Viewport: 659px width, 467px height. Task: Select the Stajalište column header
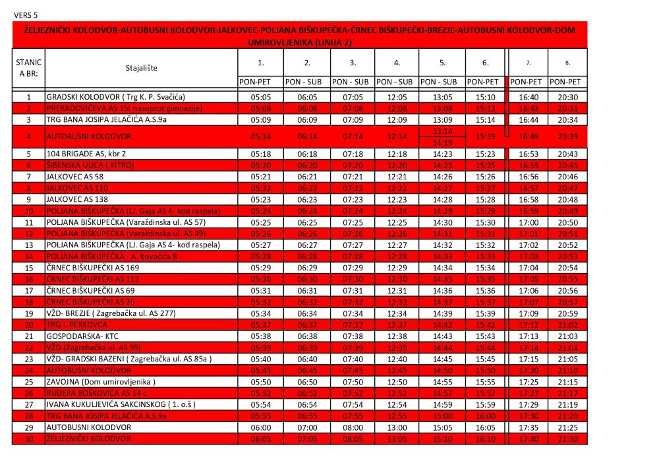coord(142,68)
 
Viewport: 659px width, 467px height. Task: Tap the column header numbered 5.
coord(442,63)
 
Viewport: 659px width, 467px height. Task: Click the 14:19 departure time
coord(442,142)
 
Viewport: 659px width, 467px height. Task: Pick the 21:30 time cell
coord(567,439)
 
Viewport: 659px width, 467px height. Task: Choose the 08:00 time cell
coord(353,427)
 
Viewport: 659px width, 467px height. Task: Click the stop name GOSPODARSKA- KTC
coord(82,336)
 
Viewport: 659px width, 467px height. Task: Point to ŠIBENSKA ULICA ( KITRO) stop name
coord(90,165)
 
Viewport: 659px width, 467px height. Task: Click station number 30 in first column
coord(28,439)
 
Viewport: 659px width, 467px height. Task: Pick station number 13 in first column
coord(28,245)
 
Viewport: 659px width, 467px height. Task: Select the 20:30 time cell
coord(567,97)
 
